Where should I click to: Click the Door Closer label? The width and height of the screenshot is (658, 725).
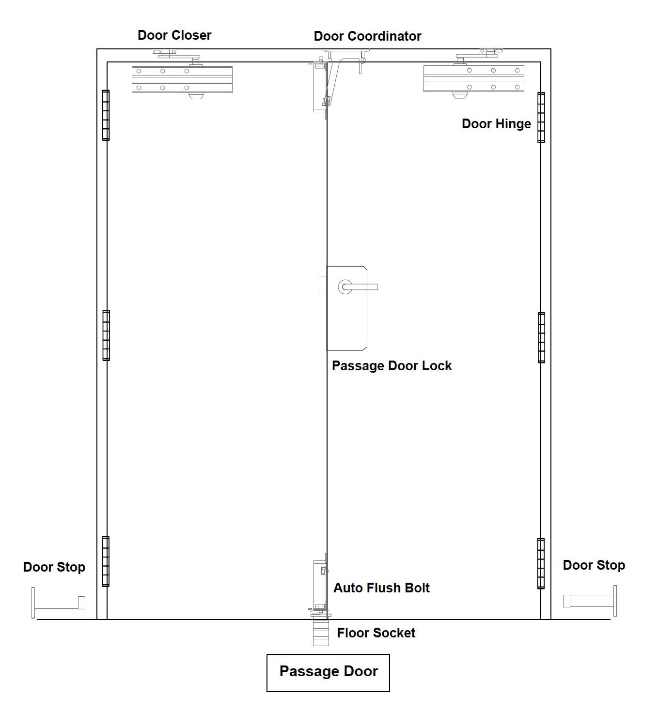[x=174, y=35]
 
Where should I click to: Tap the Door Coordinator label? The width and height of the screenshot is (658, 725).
[x=367, y=36]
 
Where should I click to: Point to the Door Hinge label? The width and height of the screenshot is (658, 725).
[x=496, y=124]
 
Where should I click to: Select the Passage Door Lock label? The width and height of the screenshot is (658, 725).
[x=392, y=366]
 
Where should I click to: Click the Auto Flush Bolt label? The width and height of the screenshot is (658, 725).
[x=381, y=588]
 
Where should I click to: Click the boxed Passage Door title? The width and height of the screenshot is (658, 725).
[x=329, y=671]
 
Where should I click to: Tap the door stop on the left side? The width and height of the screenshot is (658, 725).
[x=58, y=603]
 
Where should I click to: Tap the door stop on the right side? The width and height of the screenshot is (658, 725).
[x=590, y=601]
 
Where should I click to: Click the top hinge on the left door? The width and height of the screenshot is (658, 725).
[x=106, y=115]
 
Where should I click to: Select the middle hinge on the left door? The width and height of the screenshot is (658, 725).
[x=106, y=335]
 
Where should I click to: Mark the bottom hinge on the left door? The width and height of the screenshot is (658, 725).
[x=105, y=561]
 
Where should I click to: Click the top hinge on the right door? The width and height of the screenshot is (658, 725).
[x=541, y=118]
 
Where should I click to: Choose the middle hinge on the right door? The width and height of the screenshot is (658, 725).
[x=541, y=337]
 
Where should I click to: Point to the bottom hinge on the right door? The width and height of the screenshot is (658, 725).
[x=541, y=563]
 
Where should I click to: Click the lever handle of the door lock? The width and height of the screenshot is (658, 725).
[x=360, y=287]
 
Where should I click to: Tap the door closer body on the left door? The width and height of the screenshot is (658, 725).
[x=182, y=79]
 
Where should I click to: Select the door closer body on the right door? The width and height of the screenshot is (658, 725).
[x=474, y=78]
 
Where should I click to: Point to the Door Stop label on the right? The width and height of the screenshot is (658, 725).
[x=594, y=565]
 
